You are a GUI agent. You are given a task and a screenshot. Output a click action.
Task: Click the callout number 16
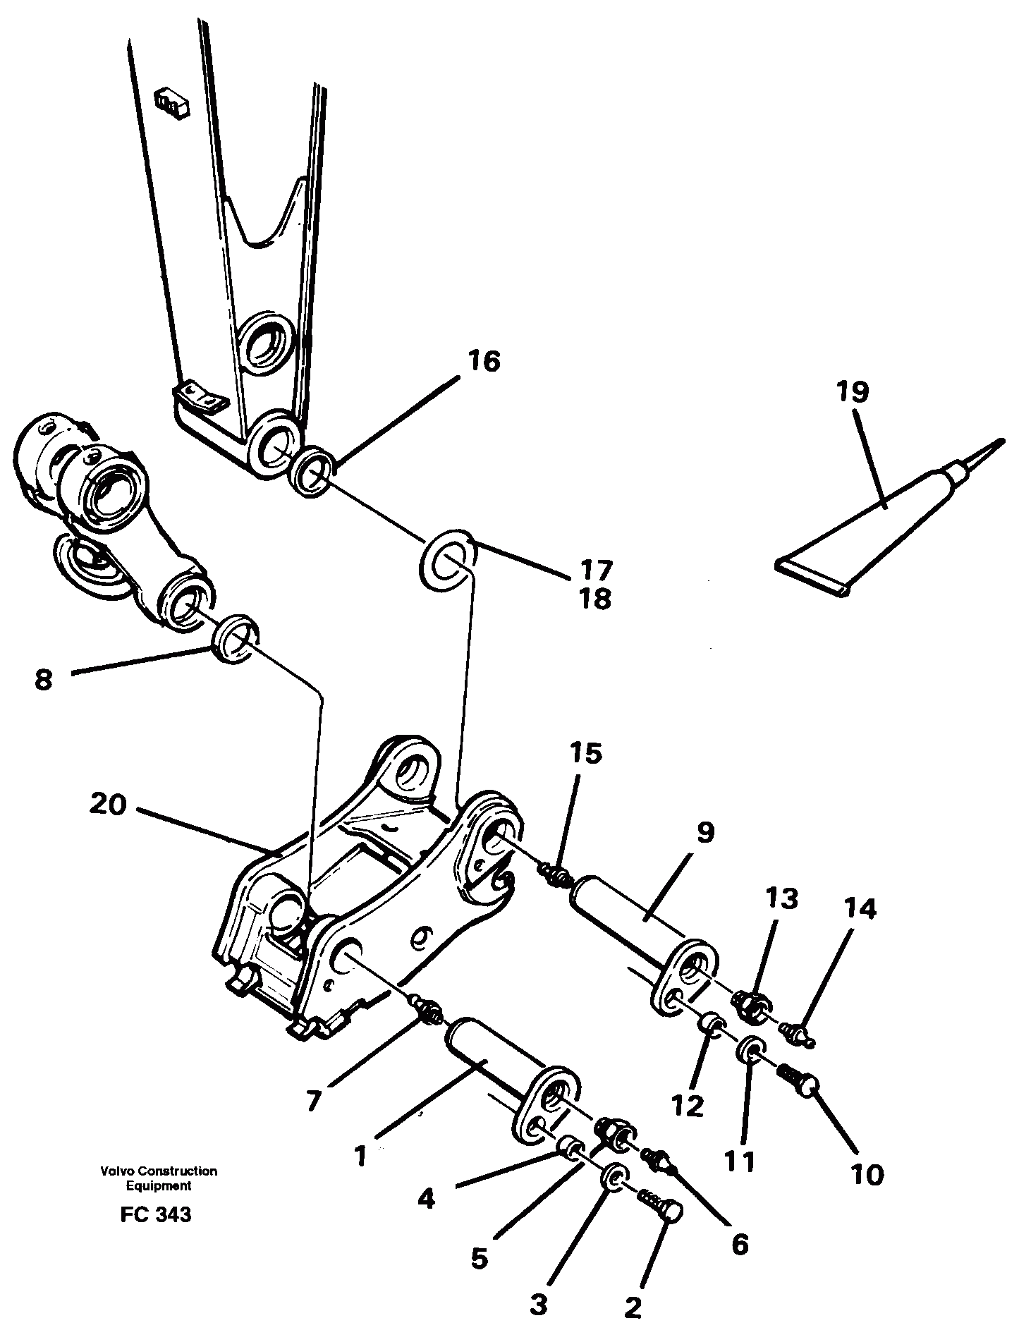tap(483, 362)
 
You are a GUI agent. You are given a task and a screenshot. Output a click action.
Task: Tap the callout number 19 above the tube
tap(853, 391)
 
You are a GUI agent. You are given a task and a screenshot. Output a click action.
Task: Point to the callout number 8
tap(44, 681)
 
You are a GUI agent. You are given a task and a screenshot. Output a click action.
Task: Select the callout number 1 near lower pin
tap(361, 1157)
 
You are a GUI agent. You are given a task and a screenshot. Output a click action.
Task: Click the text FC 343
tap(156, 1214)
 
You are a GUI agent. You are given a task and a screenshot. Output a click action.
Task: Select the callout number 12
tap(688, 1106)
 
